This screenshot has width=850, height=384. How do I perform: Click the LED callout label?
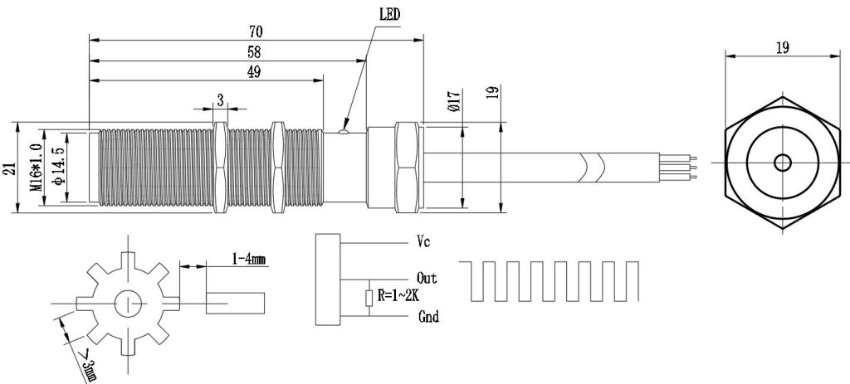point(389,15)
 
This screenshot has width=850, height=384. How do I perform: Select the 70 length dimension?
point(256,32)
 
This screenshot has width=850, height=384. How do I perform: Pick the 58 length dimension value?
point(253,52)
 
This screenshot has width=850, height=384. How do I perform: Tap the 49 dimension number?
point(253,72)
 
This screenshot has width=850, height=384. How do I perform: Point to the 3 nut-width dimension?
point(221,100)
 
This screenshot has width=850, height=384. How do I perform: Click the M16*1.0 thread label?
point(37,168)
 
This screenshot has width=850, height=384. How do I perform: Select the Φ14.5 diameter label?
point(59,166)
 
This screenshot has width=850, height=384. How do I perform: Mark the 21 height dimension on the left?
point(9,168)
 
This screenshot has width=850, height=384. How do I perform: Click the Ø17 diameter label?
point(454,101)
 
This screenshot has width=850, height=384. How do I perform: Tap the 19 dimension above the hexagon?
point(782,47)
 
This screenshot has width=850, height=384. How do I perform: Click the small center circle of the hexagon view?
point(782,163)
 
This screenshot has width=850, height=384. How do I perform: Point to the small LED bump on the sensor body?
point(343,129)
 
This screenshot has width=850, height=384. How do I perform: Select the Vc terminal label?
point(423,241)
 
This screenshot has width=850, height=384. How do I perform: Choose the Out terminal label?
point(427,279)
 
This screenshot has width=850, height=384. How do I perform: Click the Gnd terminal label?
point(428,316)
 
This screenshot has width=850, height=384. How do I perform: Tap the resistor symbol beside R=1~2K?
point(369,298)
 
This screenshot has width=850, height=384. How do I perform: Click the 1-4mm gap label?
point(249,259)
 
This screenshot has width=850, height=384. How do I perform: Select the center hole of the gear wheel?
point(128,304)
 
